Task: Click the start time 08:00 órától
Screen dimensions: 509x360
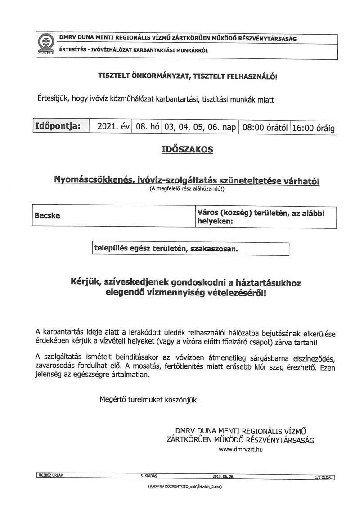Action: pyautogui.click(x=265, y=128)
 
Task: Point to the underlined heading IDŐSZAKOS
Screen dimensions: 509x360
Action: pyautogui.click(x=187, y=150)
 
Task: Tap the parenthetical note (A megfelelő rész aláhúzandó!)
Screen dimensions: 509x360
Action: pyautogui.click(x=187, y=189)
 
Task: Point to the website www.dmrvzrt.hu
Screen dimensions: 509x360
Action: pyautogui.click(x=240, y=449)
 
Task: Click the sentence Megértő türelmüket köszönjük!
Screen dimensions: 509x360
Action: pyautogui.click(x=148, y=399)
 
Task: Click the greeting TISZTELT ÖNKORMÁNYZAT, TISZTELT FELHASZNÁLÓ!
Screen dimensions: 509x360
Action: pyautogui.click(x=188, y=77)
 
